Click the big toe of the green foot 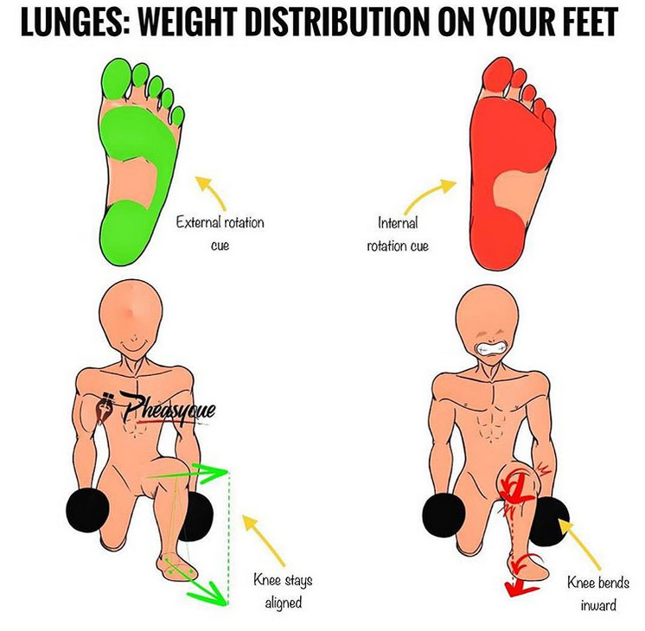point(116,78)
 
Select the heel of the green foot point(126,233)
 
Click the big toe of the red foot point(495,77)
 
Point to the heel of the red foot point(497,243)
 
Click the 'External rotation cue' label point(220,234)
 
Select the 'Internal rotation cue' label point(398,234)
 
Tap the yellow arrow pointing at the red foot point(428,194)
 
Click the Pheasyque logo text point(168,409)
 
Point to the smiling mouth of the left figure point(132,347)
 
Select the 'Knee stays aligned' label point(283,591)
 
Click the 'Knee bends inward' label point(598,594)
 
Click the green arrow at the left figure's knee point(187,473)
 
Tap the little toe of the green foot point(178,116)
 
